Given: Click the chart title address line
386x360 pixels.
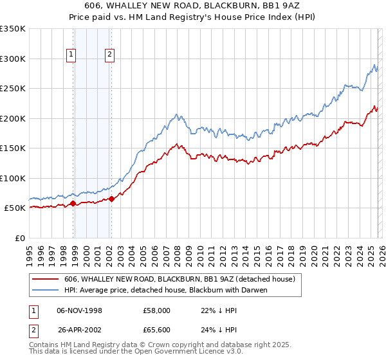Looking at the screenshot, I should (x=192, y=5).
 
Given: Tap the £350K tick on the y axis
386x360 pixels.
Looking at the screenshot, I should (x=13, y=29).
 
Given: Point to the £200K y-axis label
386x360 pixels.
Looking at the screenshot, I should (x=13, y=118).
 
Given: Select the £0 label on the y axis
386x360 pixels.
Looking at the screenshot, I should (x=19, y=238).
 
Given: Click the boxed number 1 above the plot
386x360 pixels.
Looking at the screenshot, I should (x=70, y=55).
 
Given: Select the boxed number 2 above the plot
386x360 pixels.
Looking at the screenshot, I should (x=110, y=55).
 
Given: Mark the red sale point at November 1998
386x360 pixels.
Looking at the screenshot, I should (x=73, y=203).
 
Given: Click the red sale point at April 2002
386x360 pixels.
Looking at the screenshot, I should (x=112, y=199).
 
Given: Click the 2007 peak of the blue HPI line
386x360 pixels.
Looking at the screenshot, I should (x=176, y=115).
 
